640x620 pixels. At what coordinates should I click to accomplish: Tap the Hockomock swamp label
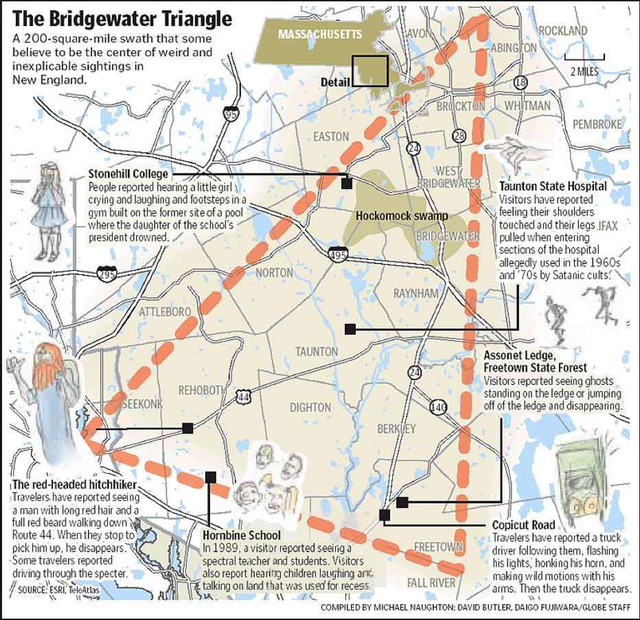coord(402,216)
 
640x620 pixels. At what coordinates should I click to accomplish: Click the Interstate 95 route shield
coord(232,114)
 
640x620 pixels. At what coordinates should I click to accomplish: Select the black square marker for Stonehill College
coord(347,183)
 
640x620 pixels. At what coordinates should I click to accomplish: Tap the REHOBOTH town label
coord(202,390)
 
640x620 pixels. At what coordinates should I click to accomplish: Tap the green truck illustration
coord(580,477)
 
